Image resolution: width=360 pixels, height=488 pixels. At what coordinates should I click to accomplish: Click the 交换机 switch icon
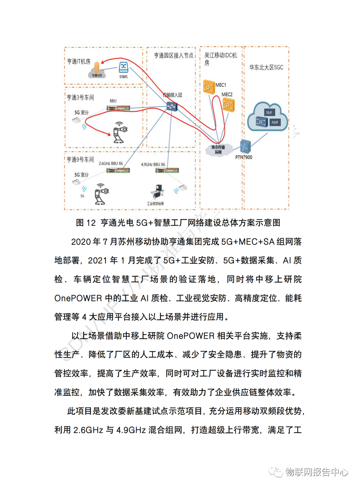(123, 67)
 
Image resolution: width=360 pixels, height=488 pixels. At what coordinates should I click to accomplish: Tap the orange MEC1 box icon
(209, 87)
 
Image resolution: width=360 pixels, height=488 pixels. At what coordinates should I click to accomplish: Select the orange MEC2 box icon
(228, 105)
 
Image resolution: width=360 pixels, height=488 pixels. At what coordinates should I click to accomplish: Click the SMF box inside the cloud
(269, 112)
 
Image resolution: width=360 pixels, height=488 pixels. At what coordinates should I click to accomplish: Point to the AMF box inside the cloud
(275, 122)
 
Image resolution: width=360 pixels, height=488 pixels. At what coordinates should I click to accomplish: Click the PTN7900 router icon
(246, 146)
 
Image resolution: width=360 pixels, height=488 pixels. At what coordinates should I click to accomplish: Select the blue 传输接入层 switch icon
(172, 106)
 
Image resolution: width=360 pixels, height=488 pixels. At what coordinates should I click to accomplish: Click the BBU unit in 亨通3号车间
(118, 108)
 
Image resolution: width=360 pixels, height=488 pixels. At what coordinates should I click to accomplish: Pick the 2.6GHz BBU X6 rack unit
(118, 170)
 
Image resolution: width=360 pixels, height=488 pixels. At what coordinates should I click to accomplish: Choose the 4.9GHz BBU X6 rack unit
(167, 170)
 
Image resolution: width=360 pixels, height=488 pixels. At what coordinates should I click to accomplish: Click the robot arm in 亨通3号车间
(120, 132)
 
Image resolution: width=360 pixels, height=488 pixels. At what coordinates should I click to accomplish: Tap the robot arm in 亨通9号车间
(101, 194)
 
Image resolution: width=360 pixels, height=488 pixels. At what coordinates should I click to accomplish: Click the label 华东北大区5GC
(266, 67)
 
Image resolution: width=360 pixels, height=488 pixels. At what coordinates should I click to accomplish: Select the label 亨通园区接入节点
(174, 55)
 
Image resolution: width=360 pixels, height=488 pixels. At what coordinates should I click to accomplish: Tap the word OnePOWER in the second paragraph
(191, 336)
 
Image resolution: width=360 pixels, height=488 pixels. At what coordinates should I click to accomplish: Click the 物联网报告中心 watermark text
(317, 472)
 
